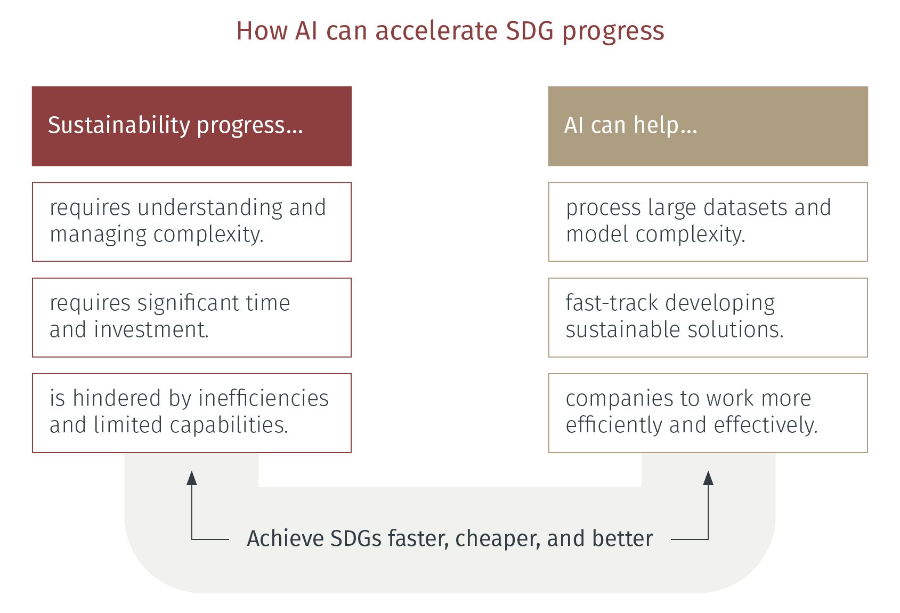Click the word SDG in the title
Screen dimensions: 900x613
point(530,31)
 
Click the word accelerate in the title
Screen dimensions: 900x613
point(436,31)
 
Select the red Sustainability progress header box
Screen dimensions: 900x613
point(192,126)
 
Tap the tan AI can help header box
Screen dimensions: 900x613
point(708,126)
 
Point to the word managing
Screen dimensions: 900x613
point(98,235)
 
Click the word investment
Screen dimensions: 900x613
point(151,329)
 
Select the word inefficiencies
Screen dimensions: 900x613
point(264,398)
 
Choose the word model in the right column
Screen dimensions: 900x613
point(597,234)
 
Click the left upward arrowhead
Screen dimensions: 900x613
point(192,478)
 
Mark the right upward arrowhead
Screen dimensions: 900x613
point(708,478)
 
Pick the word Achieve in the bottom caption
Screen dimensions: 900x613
point(285,538)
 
